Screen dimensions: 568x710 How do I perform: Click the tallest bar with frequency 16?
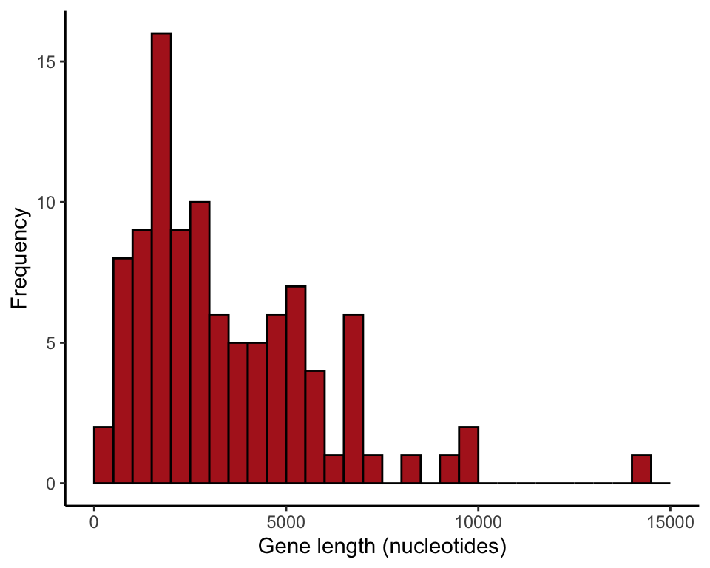(x=161, y=259)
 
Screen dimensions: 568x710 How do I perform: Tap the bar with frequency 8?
(x=123, y=371)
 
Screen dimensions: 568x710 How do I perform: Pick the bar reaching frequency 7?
(x=296, y=385)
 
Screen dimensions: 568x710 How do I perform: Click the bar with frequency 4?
(x=315, y=427)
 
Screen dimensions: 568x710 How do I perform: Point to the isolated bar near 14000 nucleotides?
(x=641, y=470)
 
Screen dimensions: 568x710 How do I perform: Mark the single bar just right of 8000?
(x=410, y=470)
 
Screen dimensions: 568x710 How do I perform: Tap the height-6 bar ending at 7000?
(x=354, y=399)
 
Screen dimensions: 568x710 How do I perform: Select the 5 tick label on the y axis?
(x=51, y=343)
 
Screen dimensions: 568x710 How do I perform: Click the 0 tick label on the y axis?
(x=51, y=484)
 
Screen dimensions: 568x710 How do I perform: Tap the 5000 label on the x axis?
(x=285, y=521)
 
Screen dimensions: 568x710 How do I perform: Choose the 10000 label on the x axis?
(x=478, y=521)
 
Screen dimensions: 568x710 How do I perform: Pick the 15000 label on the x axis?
(x=670, y=521)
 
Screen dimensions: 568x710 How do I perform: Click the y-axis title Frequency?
(x=20, y=259)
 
